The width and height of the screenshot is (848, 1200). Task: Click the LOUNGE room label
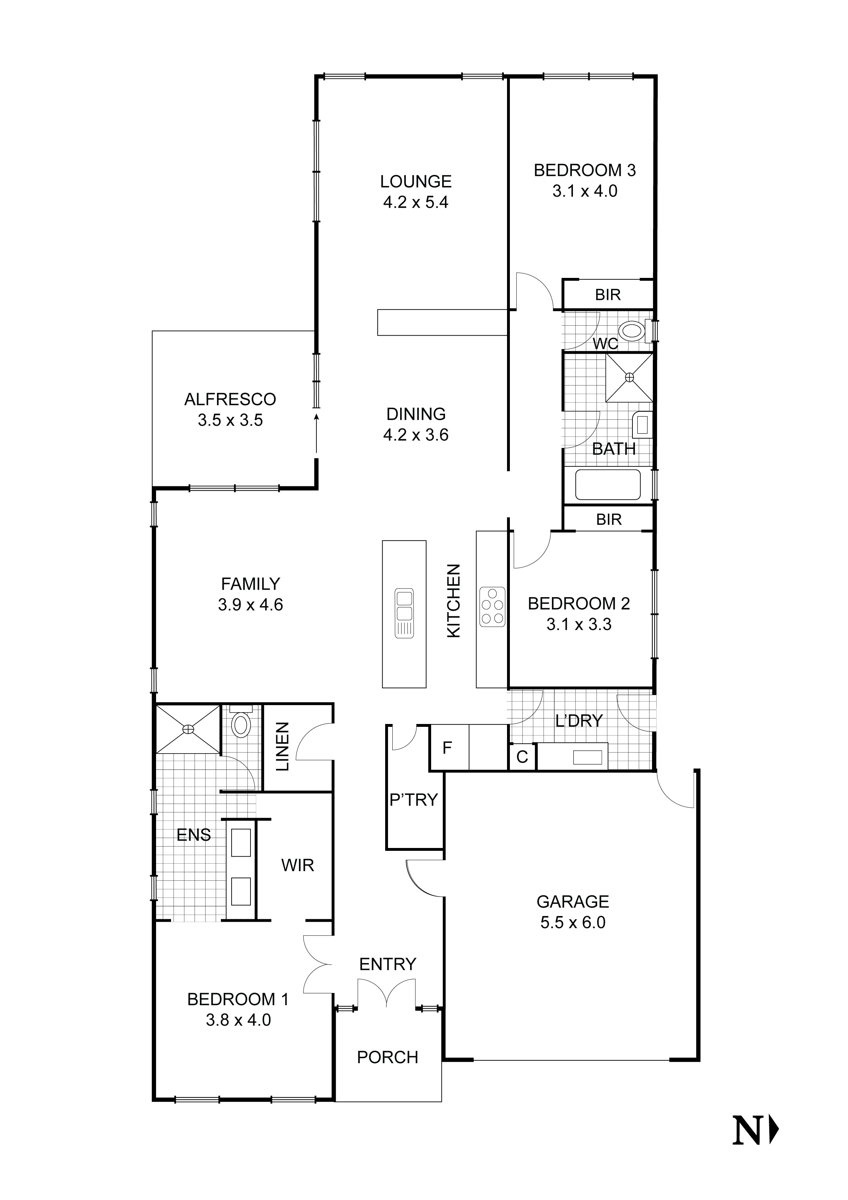point(416,181)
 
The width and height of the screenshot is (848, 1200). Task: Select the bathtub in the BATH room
point(607,485)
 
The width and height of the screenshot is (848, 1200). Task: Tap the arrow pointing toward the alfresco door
point(316,433)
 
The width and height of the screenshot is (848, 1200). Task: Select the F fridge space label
point(447,748)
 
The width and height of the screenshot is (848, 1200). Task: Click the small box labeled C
point(522,757)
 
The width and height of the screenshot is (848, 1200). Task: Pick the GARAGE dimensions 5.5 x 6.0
point(573,922)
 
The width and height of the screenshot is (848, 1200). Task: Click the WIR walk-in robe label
point(298,865)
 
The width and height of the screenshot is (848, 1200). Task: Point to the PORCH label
point(387,1057)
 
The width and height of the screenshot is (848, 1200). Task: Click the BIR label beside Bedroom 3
point(607,295)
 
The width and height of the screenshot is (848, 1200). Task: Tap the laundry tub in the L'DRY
point(587,757)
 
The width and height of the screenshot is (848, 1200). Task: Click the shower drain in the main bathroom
point(629,377)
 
